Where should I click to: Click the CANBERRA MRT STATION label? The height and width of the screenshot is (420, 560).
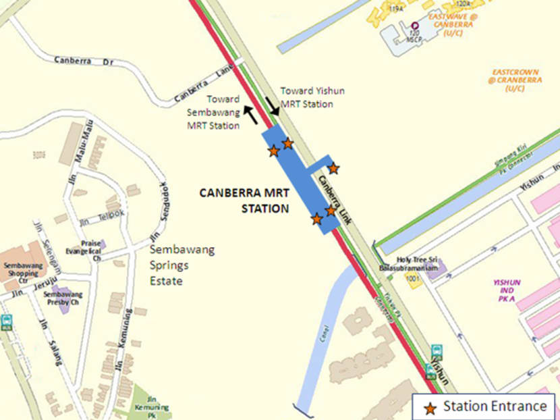[x=245, y=201]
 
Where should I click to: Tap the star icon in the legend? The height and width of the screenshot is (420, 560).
[x=429, y=406]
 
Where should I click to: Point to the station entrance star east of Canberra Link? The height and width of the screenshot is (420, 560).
[x=333, y=168]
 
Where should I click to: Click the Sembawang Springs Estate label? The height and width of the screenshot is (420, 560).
[x=181, y=265]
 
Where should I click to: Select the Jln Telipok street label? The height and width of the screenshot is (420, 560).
[x=94, y=221]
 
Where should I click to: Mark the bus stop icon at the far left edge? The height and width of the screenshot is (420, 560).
[x=7, y=323]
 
